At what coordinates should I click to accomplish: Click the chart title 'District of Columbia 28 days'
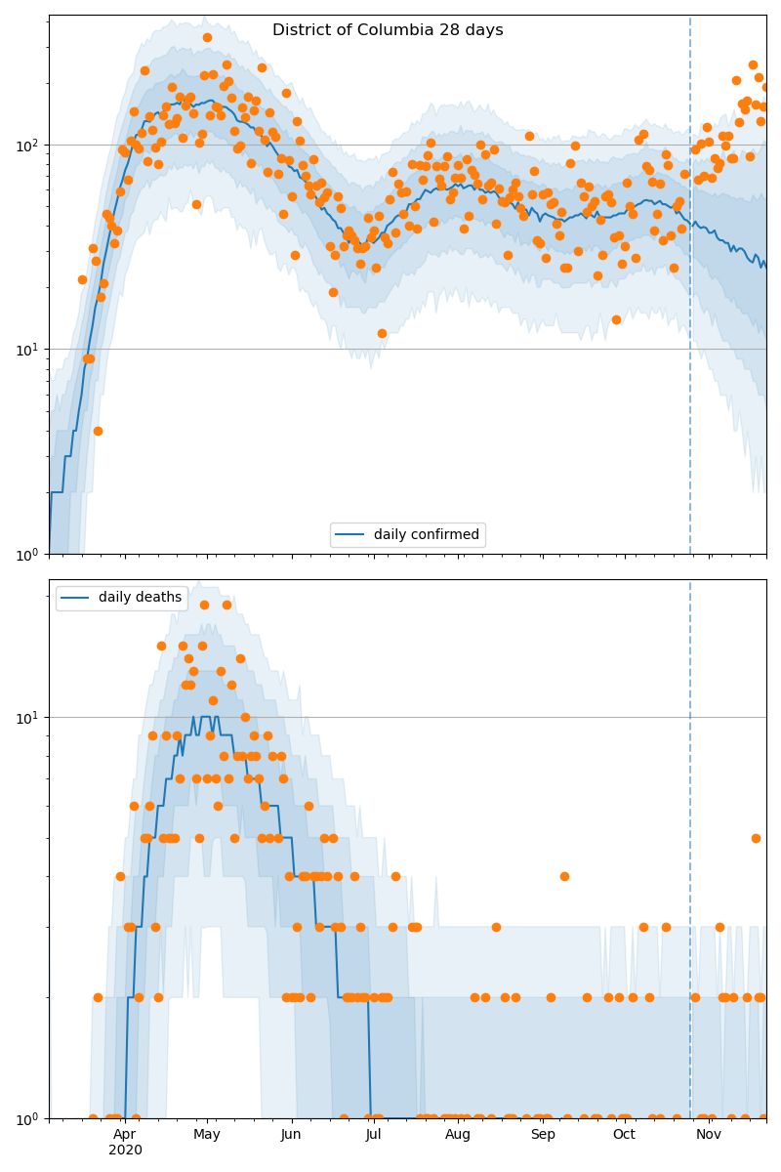point(388,30)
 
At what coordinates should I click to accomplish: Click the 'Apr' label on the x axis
point(124,1134)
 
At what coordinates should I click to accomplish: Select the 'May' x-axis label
point(207,1134)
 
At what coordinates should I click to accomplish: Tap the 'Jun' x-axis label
point(291,1134)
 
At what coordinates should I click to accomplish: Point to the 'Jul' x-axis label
point(373,1134)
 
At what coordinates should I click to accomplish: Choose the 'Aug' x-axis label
point(458,1134)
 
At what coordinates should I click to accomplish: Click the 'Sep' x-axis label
point(543,1134)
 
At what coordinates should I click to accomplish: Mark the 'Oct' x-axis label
point(624,1134)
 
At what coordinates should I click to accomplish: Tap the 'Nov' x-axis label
point(709,1134)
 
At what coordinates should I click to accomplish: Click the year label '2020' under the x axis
point(125,1150)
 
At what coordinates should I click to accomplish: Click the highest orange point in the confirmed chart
point(207,37)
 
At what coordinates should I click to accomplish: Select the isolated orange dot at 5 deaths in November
point(756,838)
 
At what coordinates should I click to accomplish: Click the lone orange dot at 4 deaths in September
point(564,876)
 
